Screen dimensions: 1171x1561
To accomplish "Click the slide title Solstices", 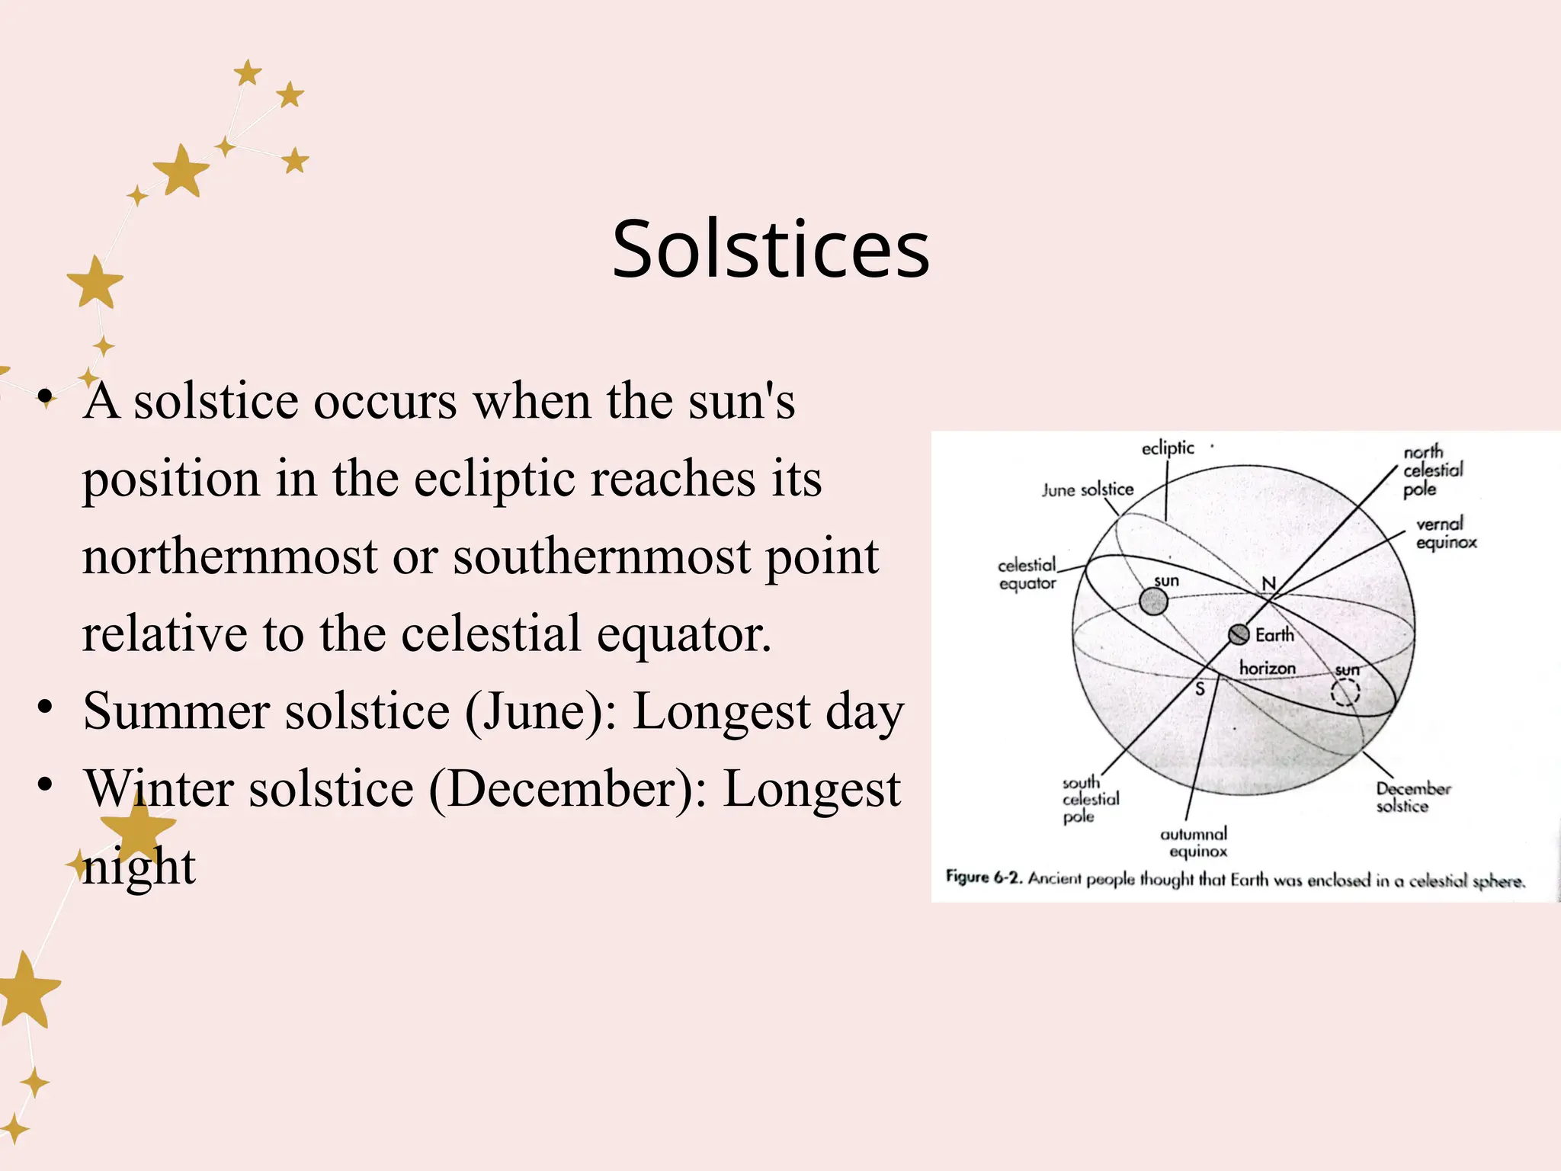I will click(771, 249).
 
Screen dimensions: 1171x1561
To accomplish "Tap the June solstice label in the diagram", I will click(1088, 490).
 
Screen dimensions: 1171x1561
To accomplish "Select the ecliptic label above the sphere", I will click(1167, 448).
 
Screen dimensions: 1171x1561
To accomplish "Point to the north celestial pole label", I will click(1432, 470).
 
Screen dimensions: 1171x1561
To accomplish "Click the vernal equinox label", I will click(1446, 533).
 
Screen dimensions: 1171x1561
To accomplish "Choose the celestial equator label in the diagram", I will click(1027, 574).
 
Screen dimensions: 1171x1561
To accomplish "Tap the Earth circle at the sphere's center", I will click(1239, 634).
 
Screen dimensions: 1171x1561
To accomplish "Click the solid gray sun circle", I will click(1153, 602).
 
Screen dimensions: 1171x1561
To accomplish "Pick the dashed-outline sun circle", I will click(1345, 692).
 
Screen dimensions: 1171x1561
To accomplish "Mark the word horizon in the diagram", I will click(1268, 669).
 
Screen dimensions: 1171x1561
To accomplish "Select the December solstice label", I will click(1412, 797).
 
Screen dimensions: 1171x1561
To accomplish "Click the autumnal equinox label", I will click(1194, 842).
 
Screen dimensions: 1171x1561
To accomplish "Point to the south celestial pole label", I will click(1090, 799).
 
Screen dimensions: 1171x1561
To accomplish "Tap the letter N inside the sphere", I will click(1268, 583).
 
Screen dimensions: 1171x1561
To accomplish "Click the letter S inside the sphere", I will click(1200, 689).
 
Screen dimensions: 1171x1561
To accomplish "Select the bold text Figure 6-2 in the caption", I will click(982, 877).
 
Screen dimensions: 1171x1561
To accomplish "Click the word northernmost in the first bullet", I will click(229, 556).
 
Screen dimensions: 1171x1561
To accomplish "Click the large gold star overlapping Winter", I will click(138, 826).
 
